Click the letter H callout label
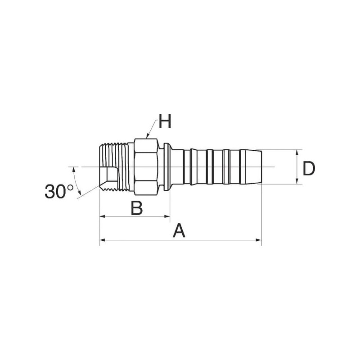[165, 121]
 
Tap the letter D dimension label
[309, 168]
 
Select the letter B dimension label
[137, 208]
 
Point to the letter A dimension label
[179, 231]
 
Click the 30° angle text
[59, 191]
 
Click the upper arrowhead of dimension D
[297, 153]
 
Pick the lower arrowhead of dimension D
[297, 181]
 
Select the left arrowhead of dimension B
[103, 216]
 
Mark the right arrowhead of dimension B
[167, 216]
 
